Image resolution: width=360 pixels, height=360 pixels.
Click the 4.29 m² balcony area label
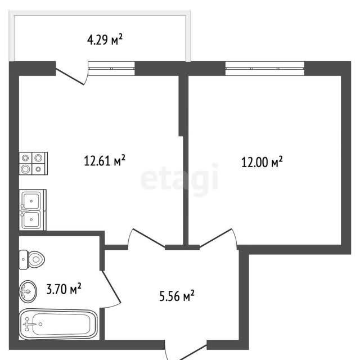[105, 40]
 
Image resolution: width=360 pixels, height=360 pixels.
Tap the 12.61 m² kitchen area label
[105, 160]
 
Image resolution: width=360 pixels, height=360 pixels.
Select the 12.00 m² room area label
[262, 162]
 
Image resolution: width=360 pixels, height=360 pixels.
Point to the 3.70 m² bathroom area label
[64, 289]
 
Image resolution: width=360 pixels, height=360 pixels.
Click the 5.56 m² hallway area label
[177, 296]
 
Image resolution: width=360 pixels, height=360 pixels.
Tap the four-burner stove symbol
[33, 163]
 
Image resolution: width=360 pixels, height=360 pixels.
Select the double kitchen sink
[33, 210]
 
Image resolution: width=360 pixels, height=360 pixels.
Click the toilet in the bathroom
[31, 259]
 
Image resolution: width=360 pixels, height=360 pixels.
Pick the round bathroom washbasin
[28, 291]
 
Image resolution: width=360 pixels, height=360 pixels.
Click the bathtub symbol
[58, 324]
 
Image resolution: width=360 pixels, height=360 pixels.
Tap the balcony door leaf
[70, 76]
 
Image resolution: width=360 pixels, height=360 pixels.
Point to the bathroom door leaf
[111, 286]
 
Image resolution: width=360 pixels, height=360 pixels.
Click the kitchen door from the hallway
[148, 238]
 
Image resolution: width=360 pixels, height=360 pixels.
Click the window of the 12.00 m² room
[265, 69]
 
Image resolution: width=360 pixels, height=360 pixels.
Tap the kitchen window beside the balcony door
[111, 69]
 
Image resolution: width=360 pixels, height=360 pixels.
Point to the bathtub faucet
[28, 324]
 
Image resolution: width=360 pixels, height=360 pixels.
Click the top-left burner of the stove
[25, 157]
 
